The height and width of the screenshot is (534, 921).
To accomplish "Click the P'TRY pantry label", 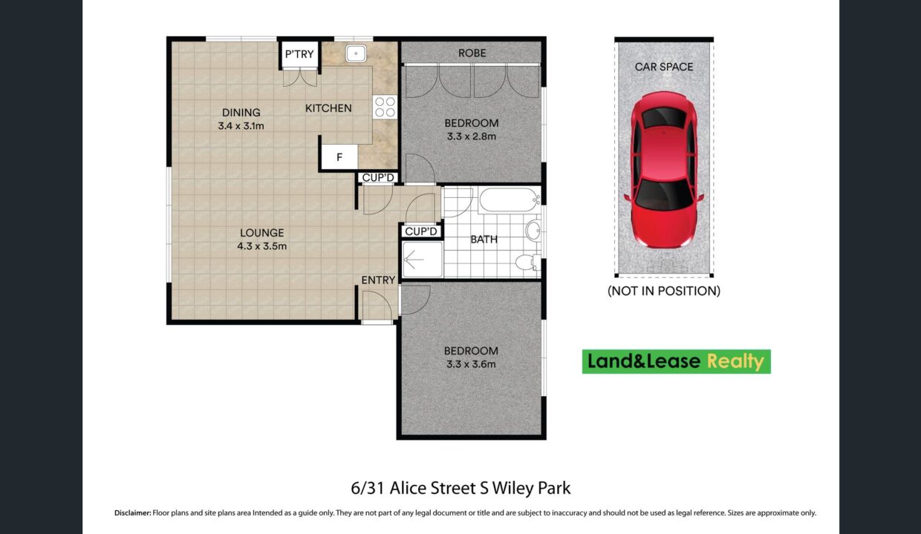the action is pos(299,54).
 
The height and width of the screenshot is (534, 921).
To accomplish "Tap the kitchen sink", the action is pos(356,53).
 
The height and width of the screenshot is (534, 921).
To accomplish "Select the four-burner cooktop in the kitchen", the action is pos(385,107).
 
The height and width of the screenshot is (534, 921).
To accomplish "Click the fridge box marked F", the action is pos(339,156).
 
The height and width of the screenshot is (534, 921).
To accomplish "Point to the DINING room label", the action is pos(241,113).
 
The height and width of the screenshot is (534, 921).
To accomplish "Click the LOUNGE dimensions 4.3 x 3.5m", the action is pos(262,246).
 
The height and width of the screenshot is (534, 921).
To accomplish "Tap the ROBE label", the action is pos(472,53).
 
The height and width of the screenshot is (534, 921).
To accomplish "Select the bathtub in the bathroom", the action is pos(510,200).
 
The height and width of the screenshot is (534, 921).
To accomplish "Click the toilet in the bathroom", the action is pos(528,263).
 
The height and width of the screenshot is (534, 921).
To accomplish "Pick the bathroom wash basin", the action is pos(533,230).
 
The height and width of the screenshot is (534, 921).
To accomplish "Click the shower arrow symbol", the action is pos(414,260).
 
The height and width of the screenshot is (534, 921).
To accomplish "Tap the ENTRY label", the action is pos(378,280).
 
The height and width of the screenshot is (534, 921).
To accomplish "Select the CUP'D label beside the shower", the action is pos(421,231).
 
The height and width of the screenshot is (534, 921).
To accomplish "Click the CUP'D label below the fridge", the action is pos(378,178).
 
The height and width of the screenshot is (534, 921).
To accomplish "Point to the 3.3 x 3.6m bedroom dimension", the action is pos(471,364).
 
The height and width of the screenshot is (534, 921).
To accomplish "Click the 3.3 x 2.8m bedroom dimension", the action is pos(472,136).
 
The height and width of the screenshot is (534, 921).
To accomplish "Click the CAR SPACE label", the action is pos(664,67).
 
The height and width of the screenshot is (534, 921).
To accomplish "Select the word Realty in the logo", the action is pos(735,362).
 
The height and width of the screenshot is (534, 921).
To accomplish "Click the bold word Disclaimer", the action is pos(133,512).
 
